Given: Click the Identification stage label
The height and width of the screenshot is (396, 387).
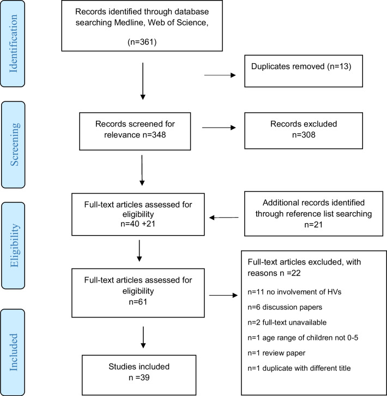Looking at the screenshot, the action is (x=13, y=44).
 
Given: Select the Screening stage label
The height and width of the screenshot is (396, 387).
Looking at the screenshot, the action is (x=14, y=144).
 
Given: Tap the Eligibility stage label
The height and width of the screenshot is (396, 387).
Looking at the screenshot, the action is (x=14, y=245).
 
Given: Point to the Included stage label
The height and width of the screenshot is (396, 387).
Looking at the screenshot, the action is (x=14, y=352).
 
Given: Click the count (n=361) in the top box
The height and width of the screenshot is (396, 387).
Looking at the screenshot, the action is (x=142, y=41).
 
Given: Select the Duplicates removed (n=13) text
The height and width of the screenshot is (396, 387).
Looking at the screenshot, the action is (x=301, y=67).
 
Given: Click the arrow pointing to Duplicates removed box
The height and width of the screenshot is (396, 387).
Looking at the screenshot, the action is (x=220, y=75).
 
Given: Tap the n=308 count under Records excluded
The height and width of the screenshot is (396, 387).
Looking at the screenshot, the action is (x=304, y=135).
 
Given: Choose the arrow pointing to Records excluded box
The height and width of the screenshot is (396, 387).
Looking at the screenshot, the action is (x=219, y=128).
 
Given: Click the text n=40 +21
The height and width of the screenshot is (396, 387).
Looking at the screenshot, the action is (x=138, y=224).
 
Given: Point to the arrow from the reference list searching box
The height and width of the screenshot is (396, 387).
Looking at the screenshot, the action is (x=224, y=218).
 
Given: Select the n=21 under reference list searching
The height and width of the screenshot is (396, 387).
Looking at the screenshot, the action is (x=313, y=225).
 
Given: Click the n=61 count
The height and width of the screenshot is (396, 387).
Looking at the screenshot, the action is (x=138, y=302).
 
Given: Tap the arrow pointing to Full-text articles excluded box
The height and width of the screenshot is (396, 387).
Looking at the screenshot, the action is (x=223, y=295).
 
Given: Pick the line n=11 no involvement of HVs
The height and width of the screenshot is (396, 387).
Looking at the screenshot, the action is (x=294, y=292).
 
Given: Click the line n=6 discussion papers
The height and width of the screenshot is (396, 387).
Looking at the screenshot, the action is (x=285, y=307).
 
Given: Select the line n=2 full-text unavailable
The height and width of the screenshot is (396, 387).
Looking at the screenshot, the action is (x=287, y=322).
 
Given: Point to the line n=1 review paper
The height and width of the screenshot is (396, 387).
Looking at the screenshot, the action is (x=276, y=353).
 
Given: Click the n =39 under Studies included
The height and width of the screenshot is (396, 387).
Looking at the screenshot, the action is (x=139, y=377).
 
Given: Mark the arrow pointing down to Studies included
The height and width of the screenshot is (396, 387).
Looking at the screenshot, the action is (x=143, y=338).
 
